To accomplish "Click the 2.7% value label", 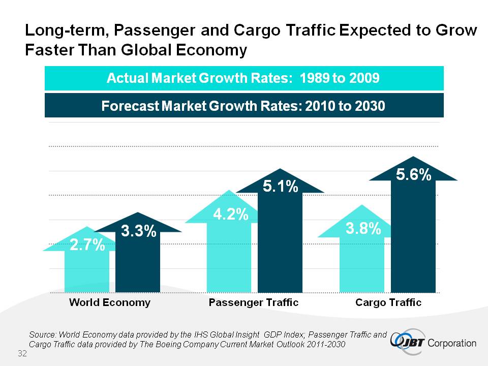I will click(x=87, y=247).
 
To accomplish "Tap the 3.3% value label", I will click(x=138, y=232).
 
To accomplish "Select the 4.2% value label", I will click(x=230, y=215).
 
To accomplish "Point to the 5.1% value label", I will click(x=280, y=187).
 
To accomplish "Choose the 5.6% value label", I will click(x=414, y=175).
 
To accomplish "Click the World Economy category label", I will click(x=110, y=302).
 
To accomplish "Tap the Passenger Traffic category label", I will click(x=254, y=302).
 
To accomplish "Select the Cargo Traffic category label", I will click(x=388, y=302).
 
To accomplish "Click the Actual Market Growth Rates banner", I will click(x=244, y=78).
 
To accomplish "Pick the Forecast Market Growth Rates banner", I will click(x=244, y=106).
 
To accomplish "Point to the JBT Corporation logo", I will click(x=434, y=342).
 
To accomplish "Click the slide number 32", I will click(x=22, y=353).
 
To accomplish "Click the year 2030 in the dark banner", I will click(x=370, y=106).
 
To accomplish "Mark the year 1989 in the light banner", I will click(x=315, y=78).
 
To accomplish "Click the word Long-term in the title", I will click(x=65, y=32).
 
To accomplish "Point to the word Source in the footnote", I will click(x=43, y=334).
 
